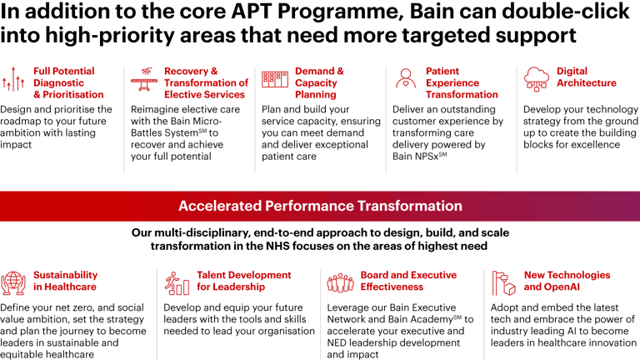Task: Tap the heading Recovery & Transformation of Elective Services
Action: [206, 82]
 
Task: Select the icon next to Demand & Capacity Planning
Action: [275, 80]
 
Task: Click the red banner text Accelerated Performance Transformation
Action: [320, 206]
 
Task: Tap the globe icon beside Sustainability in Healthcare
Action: [14, 283]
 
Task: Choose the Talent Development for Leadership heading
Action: [244, 281]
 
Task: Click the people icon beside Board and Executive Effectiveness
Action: [341, 282]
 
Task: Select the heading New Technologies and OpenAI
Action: [567, 281]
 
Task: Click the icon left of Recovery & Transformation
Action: [144, 80]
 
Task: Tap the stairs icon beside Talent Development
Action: [177, 283]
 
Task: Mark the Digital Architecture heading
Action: [586, 77]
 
